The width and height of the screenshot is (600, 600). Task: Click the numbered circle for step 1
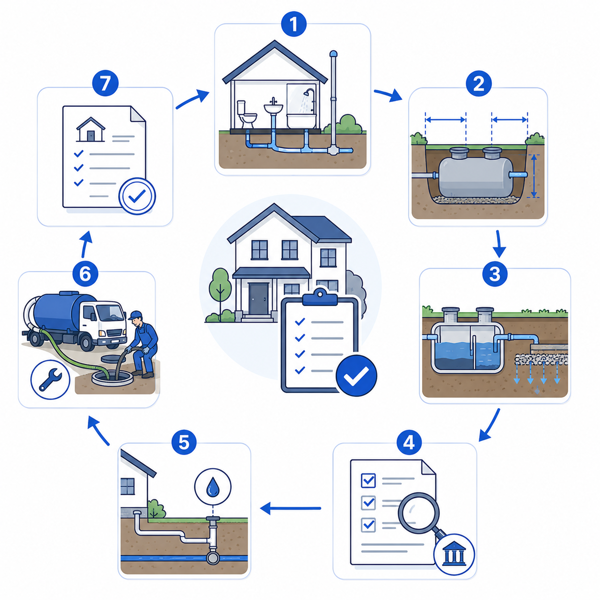[293, 24]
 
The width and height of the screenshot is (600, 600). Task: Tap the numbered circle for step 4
[409, 443]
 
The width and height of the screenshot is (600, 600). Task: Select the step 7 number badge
[105, 83]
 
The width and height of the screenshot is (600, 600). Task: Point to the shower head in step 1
[309, 92]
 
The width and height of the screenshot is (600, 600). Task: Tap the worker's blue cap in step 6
[135, 315]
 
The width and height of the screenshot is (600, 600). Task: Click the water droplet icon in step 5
[213, 487]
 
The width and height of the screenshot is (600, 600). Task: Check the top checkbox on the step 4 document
[368, 480]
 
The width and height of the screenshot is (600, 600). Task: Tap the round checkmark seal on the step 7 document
[137, 196]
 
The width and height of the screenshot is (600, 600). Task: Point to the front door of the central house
[258, 299]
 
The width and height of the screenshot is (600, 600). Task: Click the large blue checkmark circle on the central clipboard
[356, 376]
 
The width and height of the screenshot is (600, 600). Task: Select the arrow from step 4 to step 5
[290, 509]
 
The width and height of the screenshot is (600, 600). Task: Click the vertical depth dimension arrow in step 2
[534, 176]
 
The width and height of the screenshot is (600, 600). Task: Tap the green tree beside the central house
[221, 288]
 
